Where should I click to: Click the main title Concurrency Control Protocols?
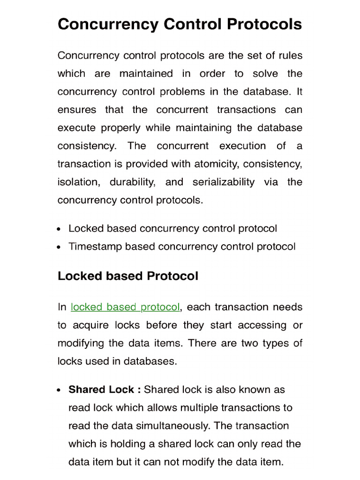coord(180,24)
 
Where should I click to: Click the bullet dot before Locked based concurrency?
coord(59,229)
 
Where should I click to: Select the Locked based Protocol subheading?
coord(128,276)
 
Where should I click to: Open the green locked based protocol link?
coord(125,307)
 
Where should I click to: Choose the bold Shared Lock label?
coord(104,390)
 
